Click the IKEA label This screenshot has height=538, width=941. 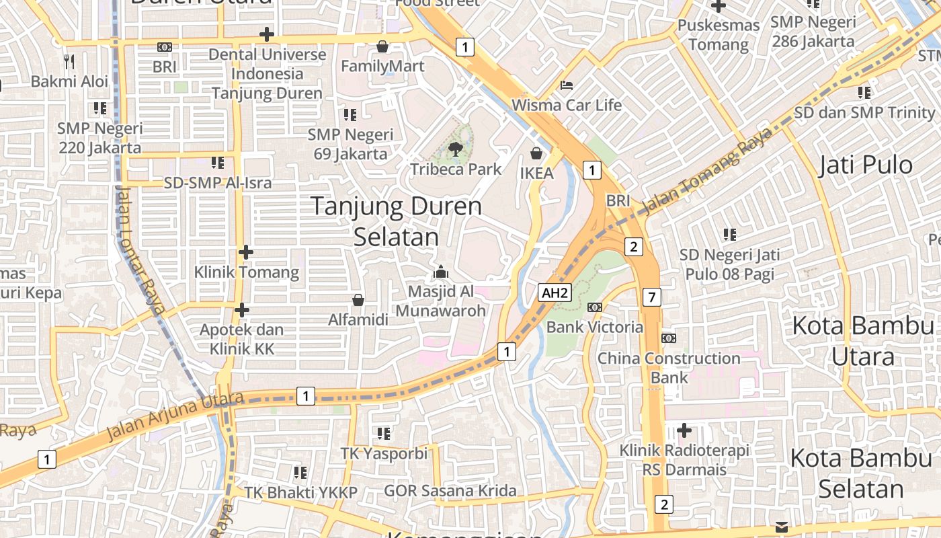(x=537, y=174)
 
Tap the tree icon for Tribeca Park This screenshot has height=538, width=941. (x=456, y=149)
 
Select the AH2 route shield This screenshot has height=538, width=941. (x=555, y=293)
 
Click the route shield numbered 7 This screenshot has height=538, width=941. (x=651, y=297)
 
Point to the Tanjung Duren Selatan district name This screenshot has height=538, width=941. (x=396, y=221)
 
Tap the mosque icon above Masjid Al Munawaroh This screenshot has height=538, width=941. (x=441, y=272)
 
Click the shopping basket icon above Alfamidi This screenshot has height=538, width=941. (x=358, y=300)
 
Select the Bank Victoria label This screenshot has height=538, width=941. (x=595, y=328)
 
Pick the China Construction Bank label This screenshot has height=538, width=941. (x=669, y=367)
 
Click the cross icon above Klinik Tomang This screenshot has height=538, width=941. (x=246, y=252)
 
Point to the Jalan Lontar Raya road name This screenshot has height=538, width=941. (x=140, y=249)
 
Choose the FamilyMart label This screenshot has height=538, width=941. (x=382, y=66)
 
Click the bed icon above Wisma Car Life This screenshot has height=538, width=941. (x=567, y=86)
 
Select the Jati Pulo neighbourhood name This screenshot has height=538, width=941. (x=866, y=165)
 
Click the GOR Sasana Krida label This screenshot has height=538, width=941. (x=450, y=490)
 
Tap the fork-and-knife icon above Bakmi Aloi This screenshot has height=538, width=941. (x=69, y=62)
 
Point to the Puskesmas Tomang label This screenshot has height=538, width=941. (x=719, y=35)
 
